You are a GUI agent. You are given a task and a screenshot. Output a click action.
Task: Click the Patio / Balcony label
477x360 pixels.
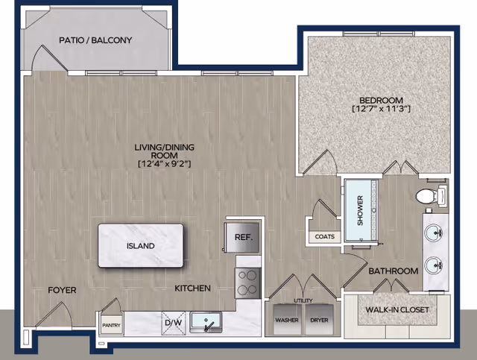coord(95,40)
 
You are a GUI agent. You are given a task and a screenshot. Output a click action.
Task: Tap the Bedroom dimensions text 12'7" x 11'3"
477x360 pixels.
coord(381,109)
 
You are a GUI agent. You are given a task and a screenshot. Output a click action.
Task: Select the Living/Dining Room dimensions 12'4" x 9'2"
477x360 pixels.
coord(164,164)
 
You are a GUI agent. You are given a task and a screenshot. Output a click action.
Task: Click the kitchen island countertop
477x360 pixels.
coord(141,245)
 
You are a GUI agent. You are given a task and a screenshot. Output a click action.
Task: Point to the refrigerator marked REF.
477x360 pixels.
coord(242,237)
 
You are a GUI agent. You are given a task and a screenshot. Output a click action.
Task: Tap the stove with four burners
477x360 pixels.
coord(248,283)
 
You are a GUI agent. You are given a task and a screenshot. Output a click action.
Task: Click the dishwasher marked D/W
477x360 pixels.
coord(174,323)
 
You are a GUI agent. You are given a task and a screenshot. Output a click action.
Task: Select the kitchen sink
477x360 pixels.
coord(206,323)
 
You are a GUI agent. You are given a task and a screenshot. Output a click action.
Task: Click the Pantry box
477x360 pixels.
coord(111,325)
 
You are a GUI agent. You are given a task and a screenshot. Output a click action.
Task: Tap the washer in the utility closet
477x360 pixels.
coord(287,320)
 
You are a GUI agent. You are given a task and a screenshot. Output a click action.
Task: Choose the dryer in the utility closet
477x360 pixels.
coord(320,320)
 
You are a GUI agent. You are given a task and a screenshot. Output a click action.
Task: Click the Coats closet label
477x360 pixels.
coord(325,236)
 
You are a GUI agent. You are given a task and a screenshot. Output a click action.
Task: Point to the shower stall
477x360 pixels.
coord(361,210)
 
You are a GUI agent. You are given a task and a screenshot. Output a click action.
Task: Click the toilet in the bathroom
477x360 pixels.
coord(431,196)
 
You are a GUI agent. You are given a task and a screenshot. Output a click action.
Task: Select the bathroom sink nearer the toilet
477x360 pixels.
coord(434,233)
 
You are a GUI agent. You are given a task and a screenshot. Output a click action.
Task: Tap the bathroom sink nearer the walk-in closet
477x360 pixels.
coord(434,265)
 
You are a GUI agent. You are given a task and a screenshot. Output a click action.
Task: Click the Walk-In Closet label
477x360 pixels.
coord(397,310)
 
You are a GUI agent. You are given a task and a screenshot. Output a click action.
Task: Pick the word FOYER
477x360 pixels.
coord(62,291)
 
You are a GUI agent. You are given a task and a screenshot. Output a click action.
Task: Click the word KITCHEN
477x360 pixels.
coord(192,288)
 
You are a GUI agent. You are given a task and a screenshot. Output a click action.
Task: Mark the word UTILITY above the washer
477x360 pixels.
coord(303,300)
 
